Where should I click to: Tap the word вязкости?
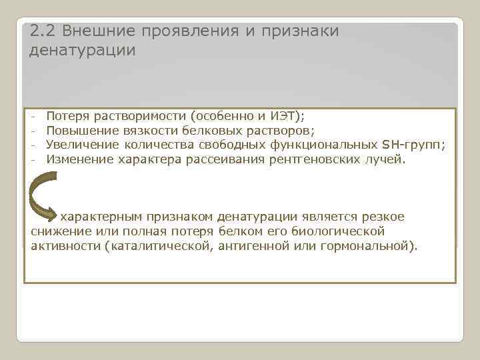pos(149,131)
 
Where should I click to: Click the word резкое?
pos(382,217)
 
